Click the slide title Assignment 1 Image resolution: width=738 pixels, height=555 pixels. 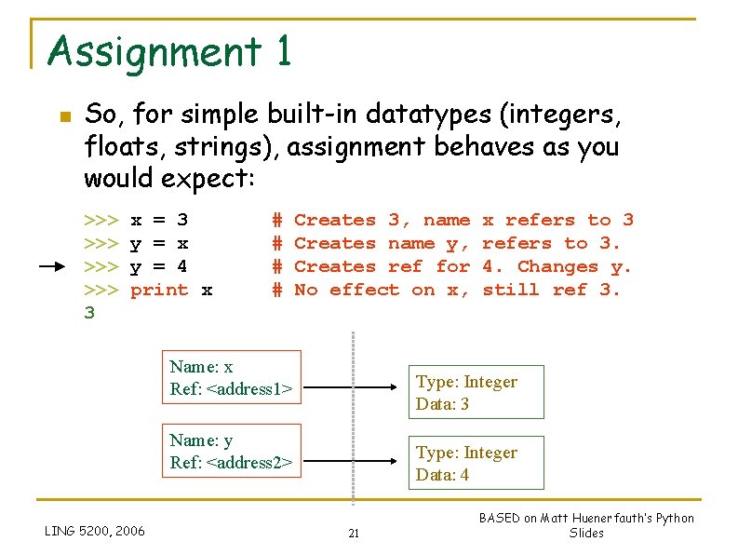click(169, 51)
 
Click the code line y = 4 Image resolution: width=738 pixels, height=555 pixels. click(158, 266)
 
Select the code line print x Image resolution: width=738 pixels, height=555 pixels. click(171, 290)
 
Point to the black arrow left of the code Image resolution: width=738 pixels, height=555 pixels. click(60, 266)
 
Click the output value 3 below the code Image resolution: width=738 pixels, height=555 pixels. click(89, 313)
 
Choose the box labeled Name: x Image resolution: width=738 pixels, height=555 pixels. click(235, 377)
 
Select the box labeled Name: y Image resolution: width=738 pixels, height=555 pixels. click(235, 451)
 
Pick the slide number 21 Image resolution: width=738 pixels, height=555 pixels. click(354, 534)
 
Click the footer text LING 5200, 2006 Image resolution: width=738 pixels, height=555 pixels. click(95, 531)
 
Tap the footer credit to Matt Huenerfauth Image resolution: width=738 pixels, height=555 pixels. click(586, 525)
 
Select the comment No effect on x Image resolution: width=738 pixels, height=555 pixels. click(382, 290)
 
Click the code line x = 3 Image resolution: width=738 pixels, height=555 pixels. click(159, 220)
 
